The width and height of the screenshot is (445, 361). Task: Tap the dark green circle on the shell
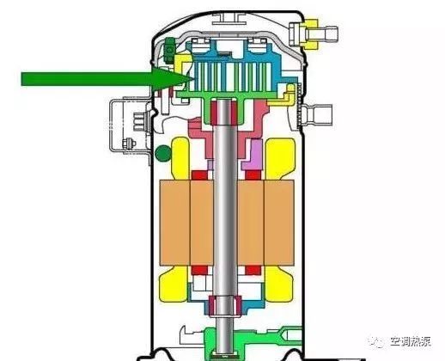[x=163, y=153]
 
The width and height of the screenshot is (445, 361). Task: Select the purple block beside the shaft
[x=253, y=155]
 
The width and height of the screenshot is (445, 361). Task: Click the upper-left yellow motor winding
[x=180, y=158]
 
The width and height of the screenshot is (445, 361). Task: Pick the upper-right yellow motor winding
[x=280, y=159]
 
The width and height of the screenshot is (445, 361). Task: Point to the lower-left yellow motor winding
[x=174, y=284]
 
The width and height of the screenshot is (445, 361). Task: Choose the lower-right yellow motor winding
[x=278, y=284]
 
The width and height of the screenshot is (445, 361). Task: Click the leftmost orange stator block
[x=175, y=223]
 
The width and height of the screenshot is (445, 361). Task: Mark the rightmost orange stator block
[x=278, y=223]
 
